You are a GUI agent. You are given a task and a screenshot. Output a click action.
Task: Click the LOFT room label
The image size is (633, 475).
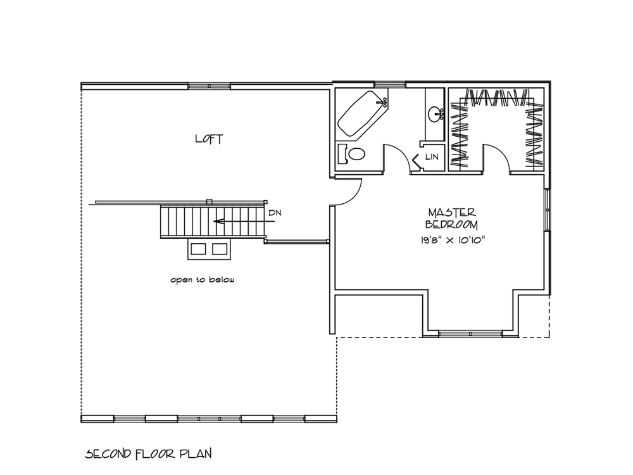coord(209,139)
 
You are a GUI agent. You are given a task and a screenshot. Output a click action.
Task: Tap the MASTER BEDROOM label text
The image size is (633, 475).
coord(452,218)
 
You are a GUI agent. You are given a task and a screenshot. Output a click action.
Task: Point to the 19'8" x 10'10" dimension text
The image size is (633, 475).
coord(452,240)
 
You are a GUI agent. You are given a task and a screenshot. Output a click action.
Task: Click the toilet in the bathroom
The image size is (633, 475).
coord(351,153)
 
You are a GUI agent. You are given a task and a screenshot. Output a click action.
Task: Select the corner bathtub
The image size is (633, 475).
coord(362,113)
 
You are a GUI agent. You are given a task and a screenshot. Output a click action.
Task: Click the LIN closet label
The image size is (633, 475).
coord(432,156)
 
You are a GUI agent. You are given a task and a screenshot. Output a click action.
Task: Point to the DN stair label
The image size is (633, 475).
coord(275,213)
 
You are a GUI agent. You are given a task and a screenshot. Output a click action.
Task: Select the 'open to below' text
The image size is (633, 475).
coord(203,279)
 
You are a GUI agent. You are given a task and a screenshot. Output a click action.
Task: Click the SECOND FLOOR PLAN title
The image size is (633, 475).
coord(148,453)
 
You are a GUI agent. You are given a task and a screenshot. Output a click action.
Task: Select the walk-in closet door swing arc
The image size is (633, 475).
coord(501,153)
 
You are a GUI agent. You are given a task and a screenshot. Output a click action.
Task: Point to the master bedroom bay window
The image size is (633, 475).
coord(470,334)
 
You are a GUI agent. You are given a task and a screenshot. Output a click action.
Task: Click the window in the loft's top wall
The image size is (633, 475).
coord(209,86)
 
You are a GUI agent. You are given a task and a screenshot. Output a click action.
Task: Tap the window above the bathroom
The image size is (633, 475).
coord(389,84)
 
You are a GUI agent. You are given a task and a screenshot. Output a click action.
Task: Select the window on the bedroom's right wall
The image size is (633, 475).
coord(548,210)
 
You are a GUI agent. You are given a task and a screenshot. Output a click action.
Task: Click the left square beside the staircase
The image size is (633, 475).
coord(198,249)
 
